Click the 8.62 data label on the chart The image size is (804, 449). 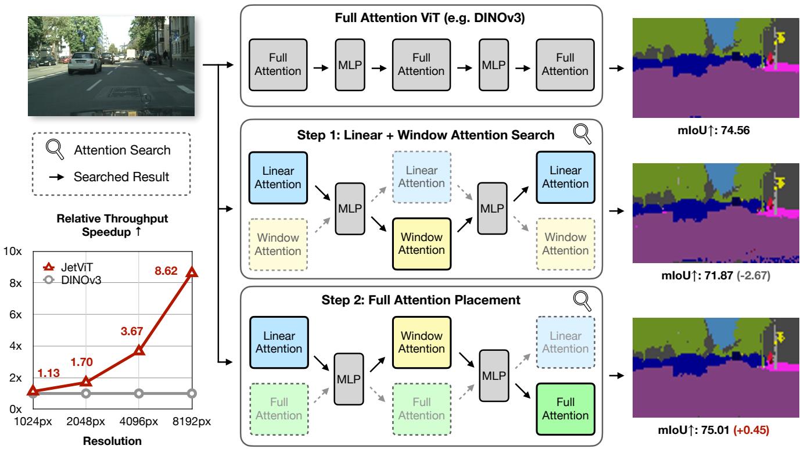pyautogui.click(x=166, y=271)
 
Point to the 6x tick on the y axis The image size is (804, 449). pyautogui.click(x=16, y=315)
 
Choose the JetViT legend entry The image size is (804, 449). pyautogui.click(x=68, y=267)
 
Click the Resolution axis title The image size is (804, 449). pyautogui.click(x=112, y=441)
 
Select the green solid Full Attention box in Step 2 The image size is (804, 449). pyautogui.click(x=565, y=409)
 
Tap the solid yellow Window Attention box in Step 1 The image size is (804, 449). pyautogui.click(x=422, y=244)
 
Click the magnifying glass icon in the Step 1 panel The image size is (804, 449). pyautogui.click(x=582, y=134)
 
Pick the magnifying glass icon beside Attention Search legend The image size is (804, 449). pyautogui.click(x=55, y=149)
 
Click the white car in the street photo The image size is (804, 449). pyautogui.click(x=85, y=63)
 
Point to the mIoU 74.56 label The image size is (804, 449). pyautogui.click(x=713, y=130)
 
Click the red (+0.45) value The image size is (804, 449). pyautogui.click(x=751, y=430)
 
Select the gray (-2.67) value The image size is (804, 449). pyautogui.click(x=753, y=275)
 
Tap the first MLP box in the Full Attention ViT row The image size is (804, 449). pyautogui.click(x=350, y=65)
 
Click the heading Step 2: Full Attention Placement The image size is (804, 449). pyautogui.click(x=421, y=300)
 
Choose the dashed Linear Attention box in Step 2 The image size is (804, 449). pyautogui.click(x=565, y=342)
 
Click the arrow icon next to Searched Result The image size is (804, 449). pyautogui.click(x=57, y=177)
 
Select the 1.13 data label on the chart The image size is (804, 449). pyautogui.click(x=48, y=373)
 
